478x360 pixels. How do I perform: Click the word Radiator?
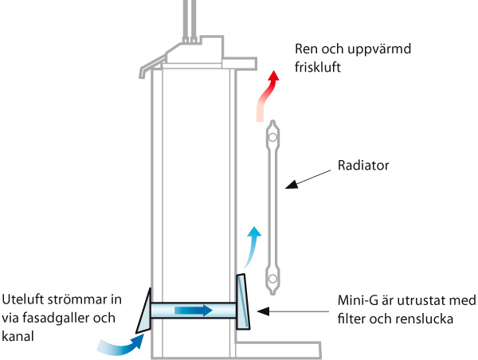click(x=363, y=166)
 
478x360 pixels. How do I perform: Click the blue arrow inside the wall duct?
click(x=194, y=311)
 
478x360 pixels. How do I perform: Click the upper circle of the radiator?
click(x=272, y=137)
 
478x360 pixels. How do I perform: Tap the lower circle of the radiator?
click(x=272, y=278)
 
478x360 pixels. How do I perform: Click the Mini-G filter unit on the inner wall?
click(x=243, y=302)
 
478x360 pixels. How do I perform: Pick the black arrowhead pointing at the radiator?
click(x=292, y=185)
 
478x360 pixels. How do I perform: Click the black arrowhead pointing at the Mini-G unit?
click(x=263, y=311)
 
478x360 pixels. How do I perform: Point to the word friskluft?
click(x=317, y=67)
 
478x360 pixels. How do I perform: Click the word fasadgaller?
click(x=57, y=319)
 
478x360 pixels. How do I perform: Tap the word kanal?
click(x=18, y=337)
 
